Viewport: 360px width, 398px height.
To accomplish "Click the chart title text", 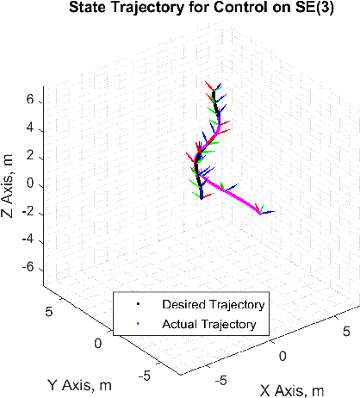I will click(x=179, y=9).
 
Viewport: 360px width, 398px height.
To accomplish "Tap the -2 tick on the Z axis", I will click(x=27, y=212).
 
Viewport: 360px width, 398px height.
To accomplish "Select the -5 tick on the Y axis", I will click(x=149, y=375).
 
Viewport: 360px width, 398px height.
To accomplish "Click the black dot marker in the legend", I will click(x=137, y=304).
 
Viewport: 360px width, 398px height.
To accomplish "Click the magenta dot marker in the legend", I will click(x=137, y=325).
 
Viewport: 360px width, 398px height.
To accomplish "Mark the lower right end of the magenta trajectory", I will click(x=260, y=214).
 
